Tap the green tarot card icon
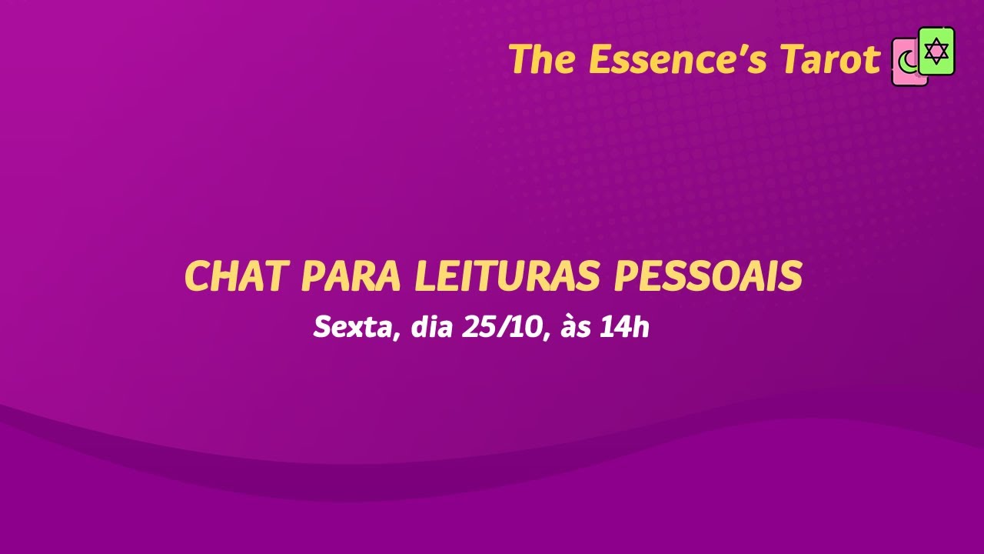936,51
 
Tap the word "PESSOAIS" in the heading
707,277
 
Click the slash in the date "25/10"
506,329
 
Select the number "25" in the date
480,329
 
